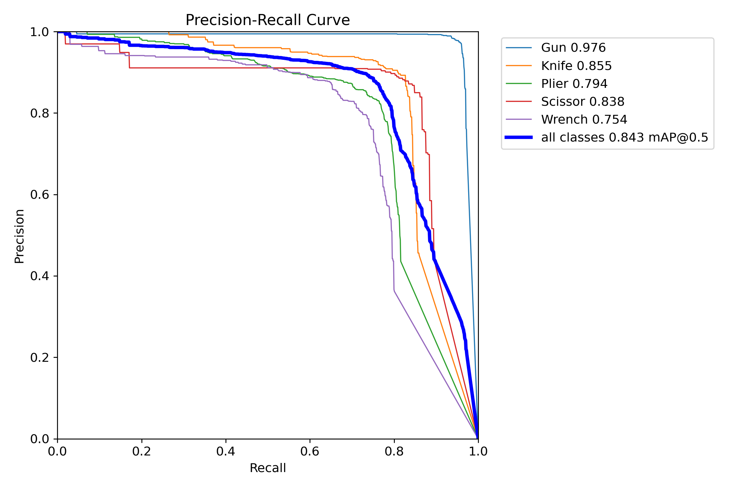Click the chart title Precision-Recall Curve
click(267, 20)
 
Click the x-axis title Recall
click(267, 468)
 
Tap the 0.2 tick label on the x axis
click(142, 451)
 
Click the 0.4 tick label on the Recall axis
click(226, 451)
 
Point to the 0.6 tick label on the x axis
click(310, 451)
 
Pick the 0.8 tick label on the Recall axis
click(394, 451)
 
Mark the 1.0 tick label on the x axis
click(478, 451)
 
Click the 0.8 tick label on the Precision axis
click(39, 113)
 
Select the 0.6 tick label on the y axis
click(39, 195)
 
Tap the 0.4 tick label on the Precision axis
click(39, 276)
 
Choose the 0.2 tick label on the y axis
click(39, 357)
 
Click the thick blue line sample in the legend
click(519, 137)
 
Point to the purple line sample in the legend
click(519, 119)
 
